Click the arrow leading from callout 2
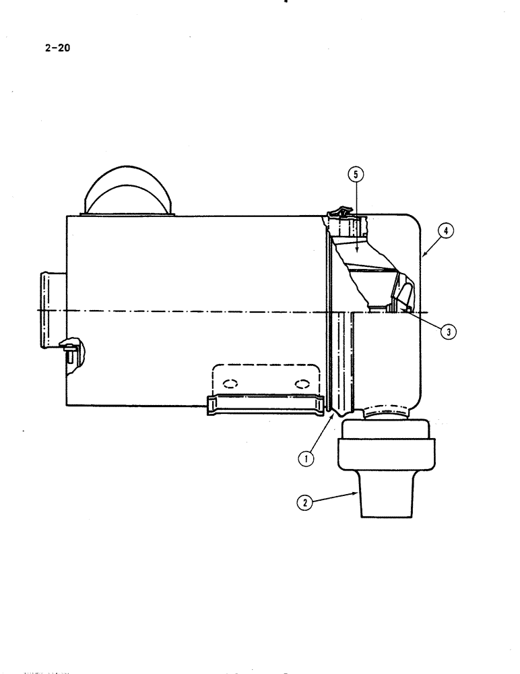click(332, 497)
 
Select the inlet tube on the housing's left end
click(52, 309)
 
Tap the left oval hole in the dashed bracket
click(230, 384)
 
